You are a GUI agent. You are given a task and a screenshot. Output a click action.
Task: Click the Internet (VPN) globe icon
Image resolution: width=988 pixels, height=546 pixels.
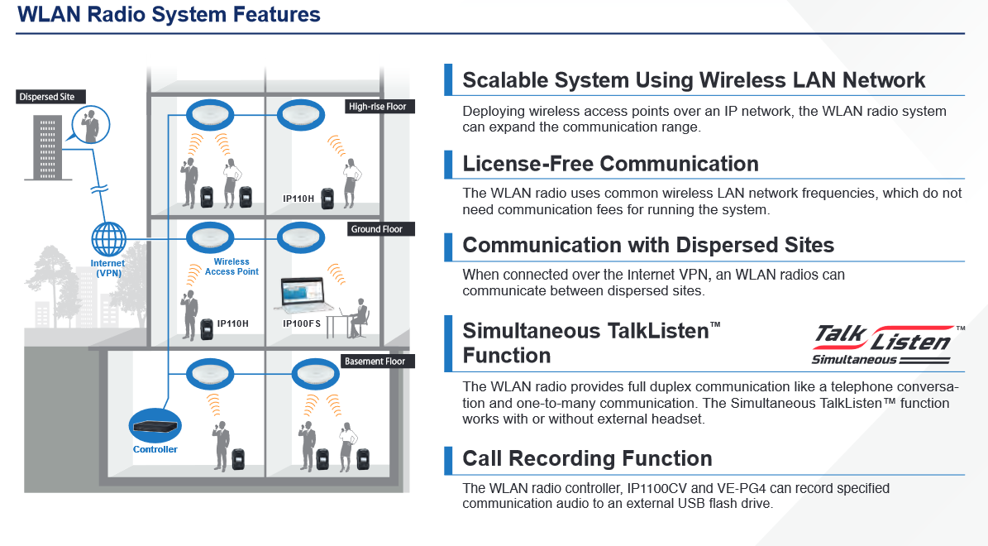click(108, 239)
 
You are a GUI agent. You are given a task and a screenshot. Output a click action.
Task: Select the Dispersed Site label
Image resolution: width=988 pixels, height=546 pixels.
click(47, 97)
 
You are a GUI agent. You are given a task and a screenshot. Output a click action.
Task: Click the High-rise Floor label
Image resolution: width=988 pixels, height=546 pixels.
click(378, 107)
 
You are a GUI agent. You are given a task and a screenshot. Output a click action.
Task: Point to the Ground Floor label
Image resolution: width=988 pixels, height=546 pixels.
click(377, 229)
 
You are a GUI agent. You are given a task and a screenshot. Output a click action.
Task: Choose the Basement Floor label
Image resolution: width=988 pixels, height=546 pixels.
click(375, 362)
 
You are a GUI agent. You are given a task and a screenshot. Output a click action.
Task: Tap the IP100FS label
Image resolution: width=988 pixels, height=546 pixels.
click(301, 323)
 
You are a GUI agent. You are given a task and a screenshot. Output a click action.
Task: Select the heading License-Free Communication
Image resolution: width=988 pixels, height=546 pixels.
click(610, 164)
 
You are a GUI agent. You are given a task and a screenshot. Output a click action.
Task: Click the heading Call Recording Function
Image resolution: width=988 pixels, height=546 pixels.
click(587, 458)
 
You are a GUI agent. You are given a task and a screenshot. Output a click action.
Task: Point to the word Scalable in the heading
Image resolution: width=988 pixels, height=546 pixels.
click(505, 80)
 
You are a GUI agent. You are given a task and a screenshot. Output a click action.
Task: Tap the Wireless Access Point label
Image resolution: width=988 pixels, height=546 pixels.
click(231, 266)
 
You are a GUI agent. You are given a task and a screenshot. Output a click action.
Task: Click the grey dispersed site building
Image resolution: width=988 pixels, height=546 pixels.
click(48, 147)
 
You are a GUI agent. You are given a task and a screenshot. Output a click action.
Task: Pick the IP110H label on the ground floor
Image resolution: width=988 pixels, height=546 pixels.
click(232, 323)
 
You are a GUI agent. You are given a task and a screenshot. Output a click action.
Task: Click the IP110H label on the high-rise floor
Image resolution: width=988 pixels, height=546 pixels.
click(298, 199)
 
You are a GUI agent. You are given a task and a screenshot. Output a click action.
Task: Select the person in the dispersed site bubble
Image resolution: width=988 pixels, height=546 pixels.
click(91, 125)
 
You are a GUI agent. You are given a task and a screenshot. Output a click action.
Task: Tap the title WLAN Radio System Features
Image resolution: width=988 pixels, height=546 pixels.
click(169, 14)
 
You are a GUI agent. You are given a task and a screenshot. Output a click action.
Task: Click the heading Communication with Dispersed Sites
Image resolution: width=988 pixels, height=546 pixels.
click(648, 245)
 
